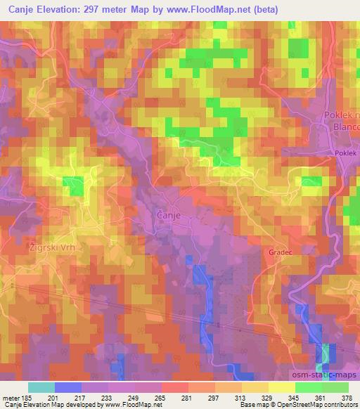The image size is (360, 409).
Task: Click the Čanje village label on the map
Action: [172, 216]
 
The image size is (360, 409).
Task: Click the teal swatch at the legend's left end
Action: [41, 387]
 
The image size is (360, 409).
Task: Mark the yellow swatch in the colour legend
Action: [281, 387]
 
